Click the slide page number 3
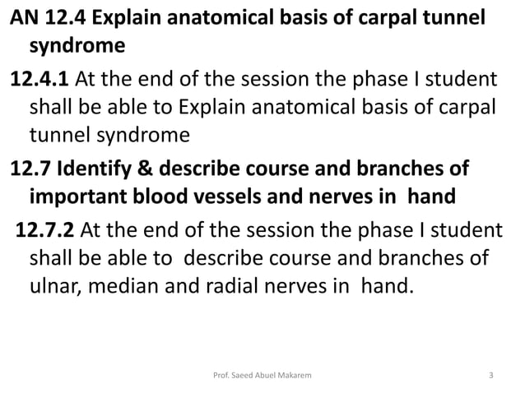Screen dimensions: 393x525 (x=491, y=377)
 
